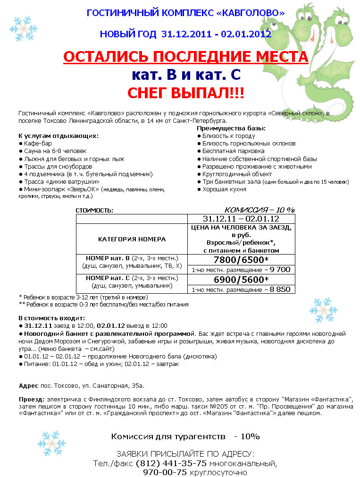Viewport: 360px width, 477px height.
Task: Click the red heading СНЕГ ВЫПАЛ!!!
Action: click(x=185, y=92)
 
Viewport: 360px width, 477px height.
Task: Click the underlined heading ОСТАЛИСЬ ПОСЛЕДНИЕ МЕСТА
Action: click(x=185, y=57)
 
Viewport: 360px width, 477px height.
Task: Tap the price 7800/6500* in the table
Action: click(x=241, y=260)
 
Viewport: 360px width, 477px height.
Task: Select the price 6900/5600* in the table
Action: click(x=241, y=280)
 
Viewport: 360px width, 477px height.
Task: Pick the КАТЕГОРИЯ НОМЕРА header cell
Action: click(x=132, y=239)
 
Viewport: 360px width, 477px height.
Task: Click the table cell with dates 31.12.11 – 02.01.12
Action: click(x=241, y=219)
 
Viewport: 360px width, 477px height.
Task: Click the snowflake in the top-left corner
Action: click(x=23, y=28)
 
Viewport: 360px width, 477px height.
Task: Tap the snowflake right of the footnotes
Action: click(x=323, y=310)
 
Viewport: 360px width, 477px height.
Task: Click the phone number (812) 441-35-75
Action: click(x=171, y=463)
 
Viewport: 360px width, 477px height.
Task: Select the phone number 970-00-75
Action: click(x=165, y=472)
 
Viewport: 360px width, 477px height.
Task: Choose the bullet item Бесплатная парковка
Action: click(x=233, y=151)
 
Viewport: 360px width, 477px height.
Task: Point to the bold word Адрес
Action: click(x=29, y=386)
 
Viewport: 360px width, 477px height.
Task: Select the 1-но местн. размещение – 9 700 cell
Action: click(x=241, y=270)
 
